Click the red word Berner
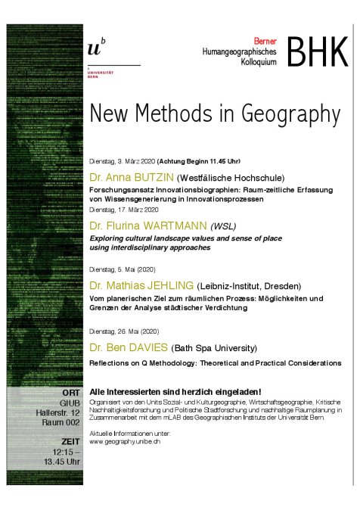coord(265,37)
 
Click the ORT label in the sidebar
coord(71,393)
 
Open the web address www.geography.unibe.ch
coord(124,441)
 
